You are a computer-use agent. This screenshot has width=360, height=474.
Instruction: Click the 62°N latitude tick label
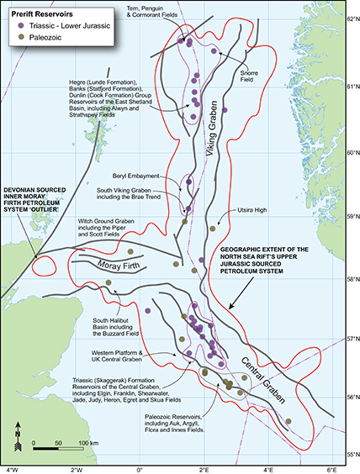(349, 18)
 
